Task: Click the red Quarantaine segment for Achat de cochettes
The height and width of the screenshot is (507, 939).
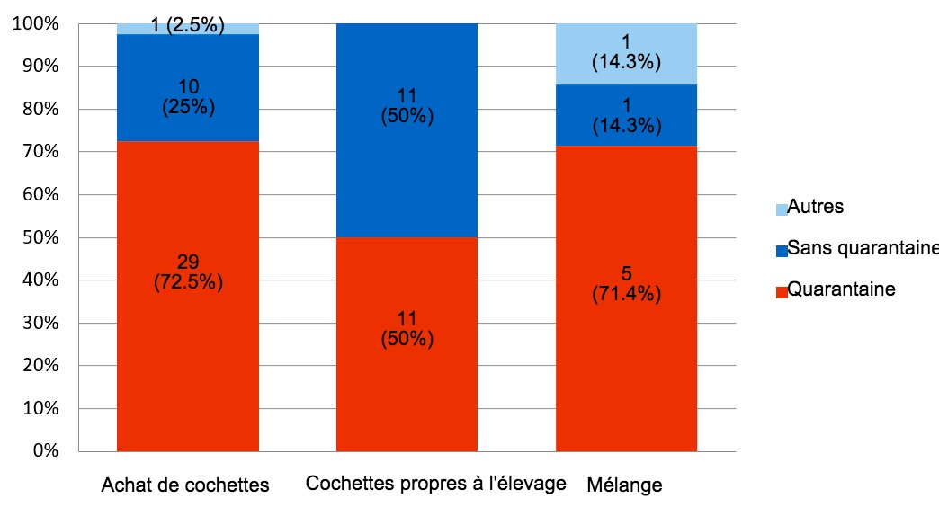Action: point(188,360)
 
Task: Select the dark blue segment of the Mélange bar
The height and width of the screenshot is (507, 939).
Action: point(626,115)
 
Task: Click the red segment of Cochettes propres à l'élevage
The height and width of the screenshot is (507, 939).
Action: point(407,378)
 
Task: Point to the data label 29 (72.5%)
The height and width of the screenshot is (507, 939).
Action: point(188,271)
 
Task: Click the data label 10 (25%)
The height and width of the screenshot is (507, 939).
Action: point(188,96)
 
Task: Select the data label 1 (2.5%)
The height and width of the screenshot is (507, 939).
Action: point(188,25)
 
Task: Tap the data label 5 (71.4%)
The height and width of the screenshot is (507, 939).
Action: point(626,284)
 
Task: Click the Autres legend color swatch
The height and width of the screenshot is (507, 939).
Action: point(781,209)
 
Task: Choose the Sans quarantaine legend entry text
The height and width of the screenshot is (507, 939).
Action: point(862,248)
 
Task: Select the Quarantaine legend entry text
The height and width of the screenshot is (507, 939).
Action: point(841,289)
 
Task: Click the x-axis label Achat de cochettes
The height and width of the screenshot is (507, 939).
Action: point(185,486)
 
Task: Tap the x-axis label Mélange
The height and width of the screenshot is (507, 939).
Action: point(624,486)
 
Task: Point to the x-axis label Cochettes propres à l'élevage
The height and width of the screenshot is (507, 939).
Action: point(435,484)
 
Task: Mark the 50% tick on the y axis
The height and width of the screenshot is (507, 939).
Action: point(41,238)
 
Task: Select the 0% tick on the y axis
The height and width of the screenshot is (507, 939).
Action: point(45,451)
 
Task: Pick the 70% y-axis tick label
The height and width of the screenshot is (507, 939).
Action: point(41,153)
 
